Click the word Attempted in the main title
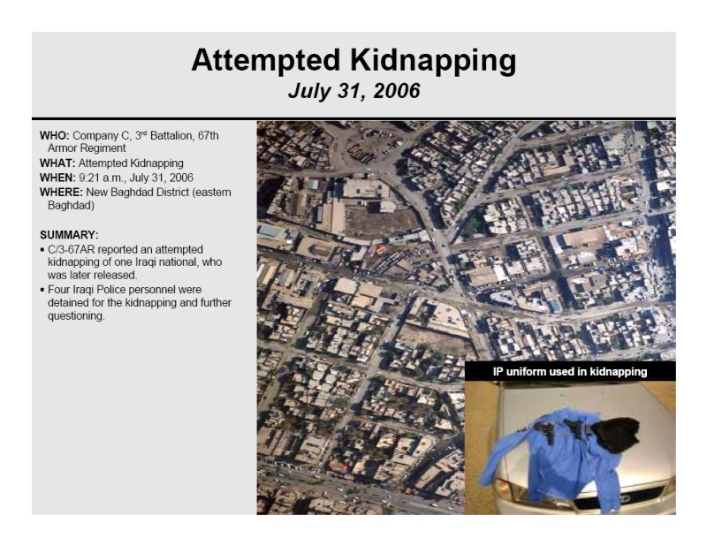266,60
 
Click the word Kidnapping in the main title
433,61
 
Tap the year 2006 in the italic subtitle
396,91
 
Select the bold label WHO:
55,136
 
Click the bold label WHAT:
57,163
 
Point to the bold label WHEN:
57,178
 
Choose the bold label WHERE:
61,193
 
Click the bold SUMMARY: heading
69,235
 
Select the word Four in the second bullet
57,290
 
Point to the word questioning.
76,316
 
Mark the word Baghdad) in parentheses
71,206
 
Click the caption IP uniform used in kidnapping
570,372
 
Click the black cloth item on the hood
616,433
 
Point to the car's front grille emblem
626,498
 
